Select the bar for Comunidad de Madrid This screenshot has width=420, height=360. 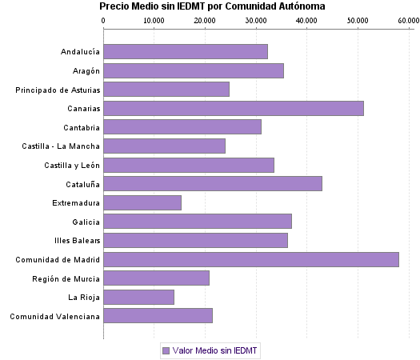click(250, 259)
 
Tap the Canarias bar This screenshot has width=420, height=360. click(233, 108)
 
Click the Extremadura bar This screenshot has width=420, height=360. click(142, 202)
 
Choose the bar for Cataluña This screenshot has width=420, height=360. click(212, 183)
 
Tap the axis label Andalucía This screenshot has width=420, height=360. click(80, 52)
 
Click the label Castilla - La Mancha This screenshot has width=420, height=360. click(62, 146)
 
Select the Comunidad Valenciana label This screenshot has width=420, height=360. click(55, 316)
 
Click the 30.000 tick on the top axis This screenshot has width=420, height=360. click(256, 20)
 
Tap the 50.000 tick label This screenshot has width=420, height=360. click(357, 20)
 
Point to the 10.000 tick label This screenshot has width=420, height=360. click(154, 20)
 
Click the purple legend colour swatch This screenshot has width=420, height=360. click(166, 350)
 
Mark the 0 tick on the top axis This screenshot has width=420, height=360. click(104, 20)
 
